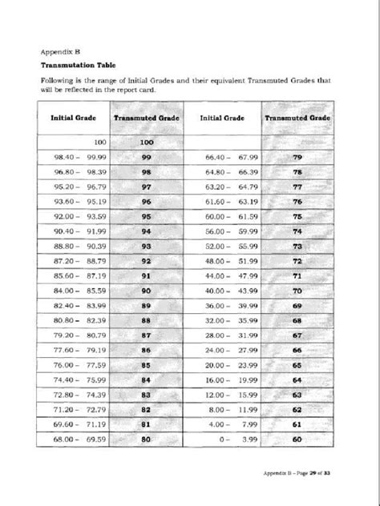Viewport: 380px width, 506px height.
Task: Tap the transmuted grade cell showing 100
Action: click(146, 142)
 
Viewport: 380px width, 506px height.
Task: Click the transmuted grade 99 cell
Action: click(146, 159)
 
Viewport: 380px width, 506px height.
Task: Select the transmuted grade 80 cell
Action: click(146, 439)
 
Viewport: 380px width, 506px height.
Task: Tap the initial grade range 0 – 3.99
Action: click(230, 439)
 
